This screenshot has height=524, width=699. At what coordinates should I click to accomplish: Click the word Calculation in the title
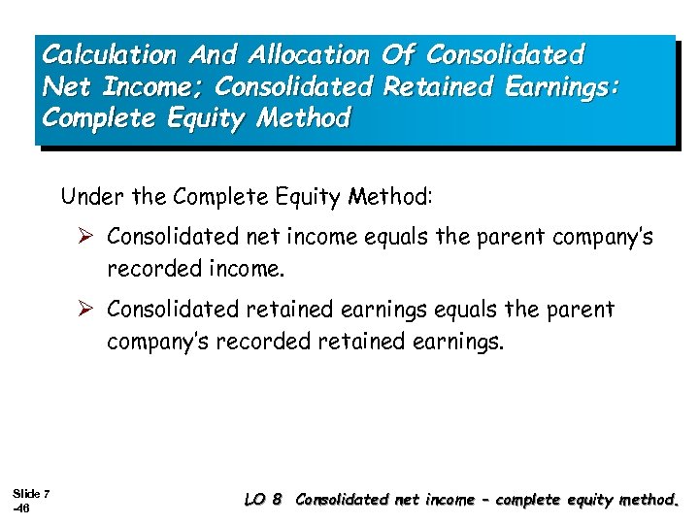pos(107,53)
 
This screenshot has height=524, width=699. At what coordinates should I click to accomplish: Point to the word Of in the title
pos(397,53)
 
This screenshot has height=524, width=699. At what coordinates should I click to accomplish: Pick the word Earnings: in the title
pos(553,86)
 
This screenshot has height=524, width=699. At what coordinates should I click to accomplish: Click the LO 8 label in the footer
pos(263,501)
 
